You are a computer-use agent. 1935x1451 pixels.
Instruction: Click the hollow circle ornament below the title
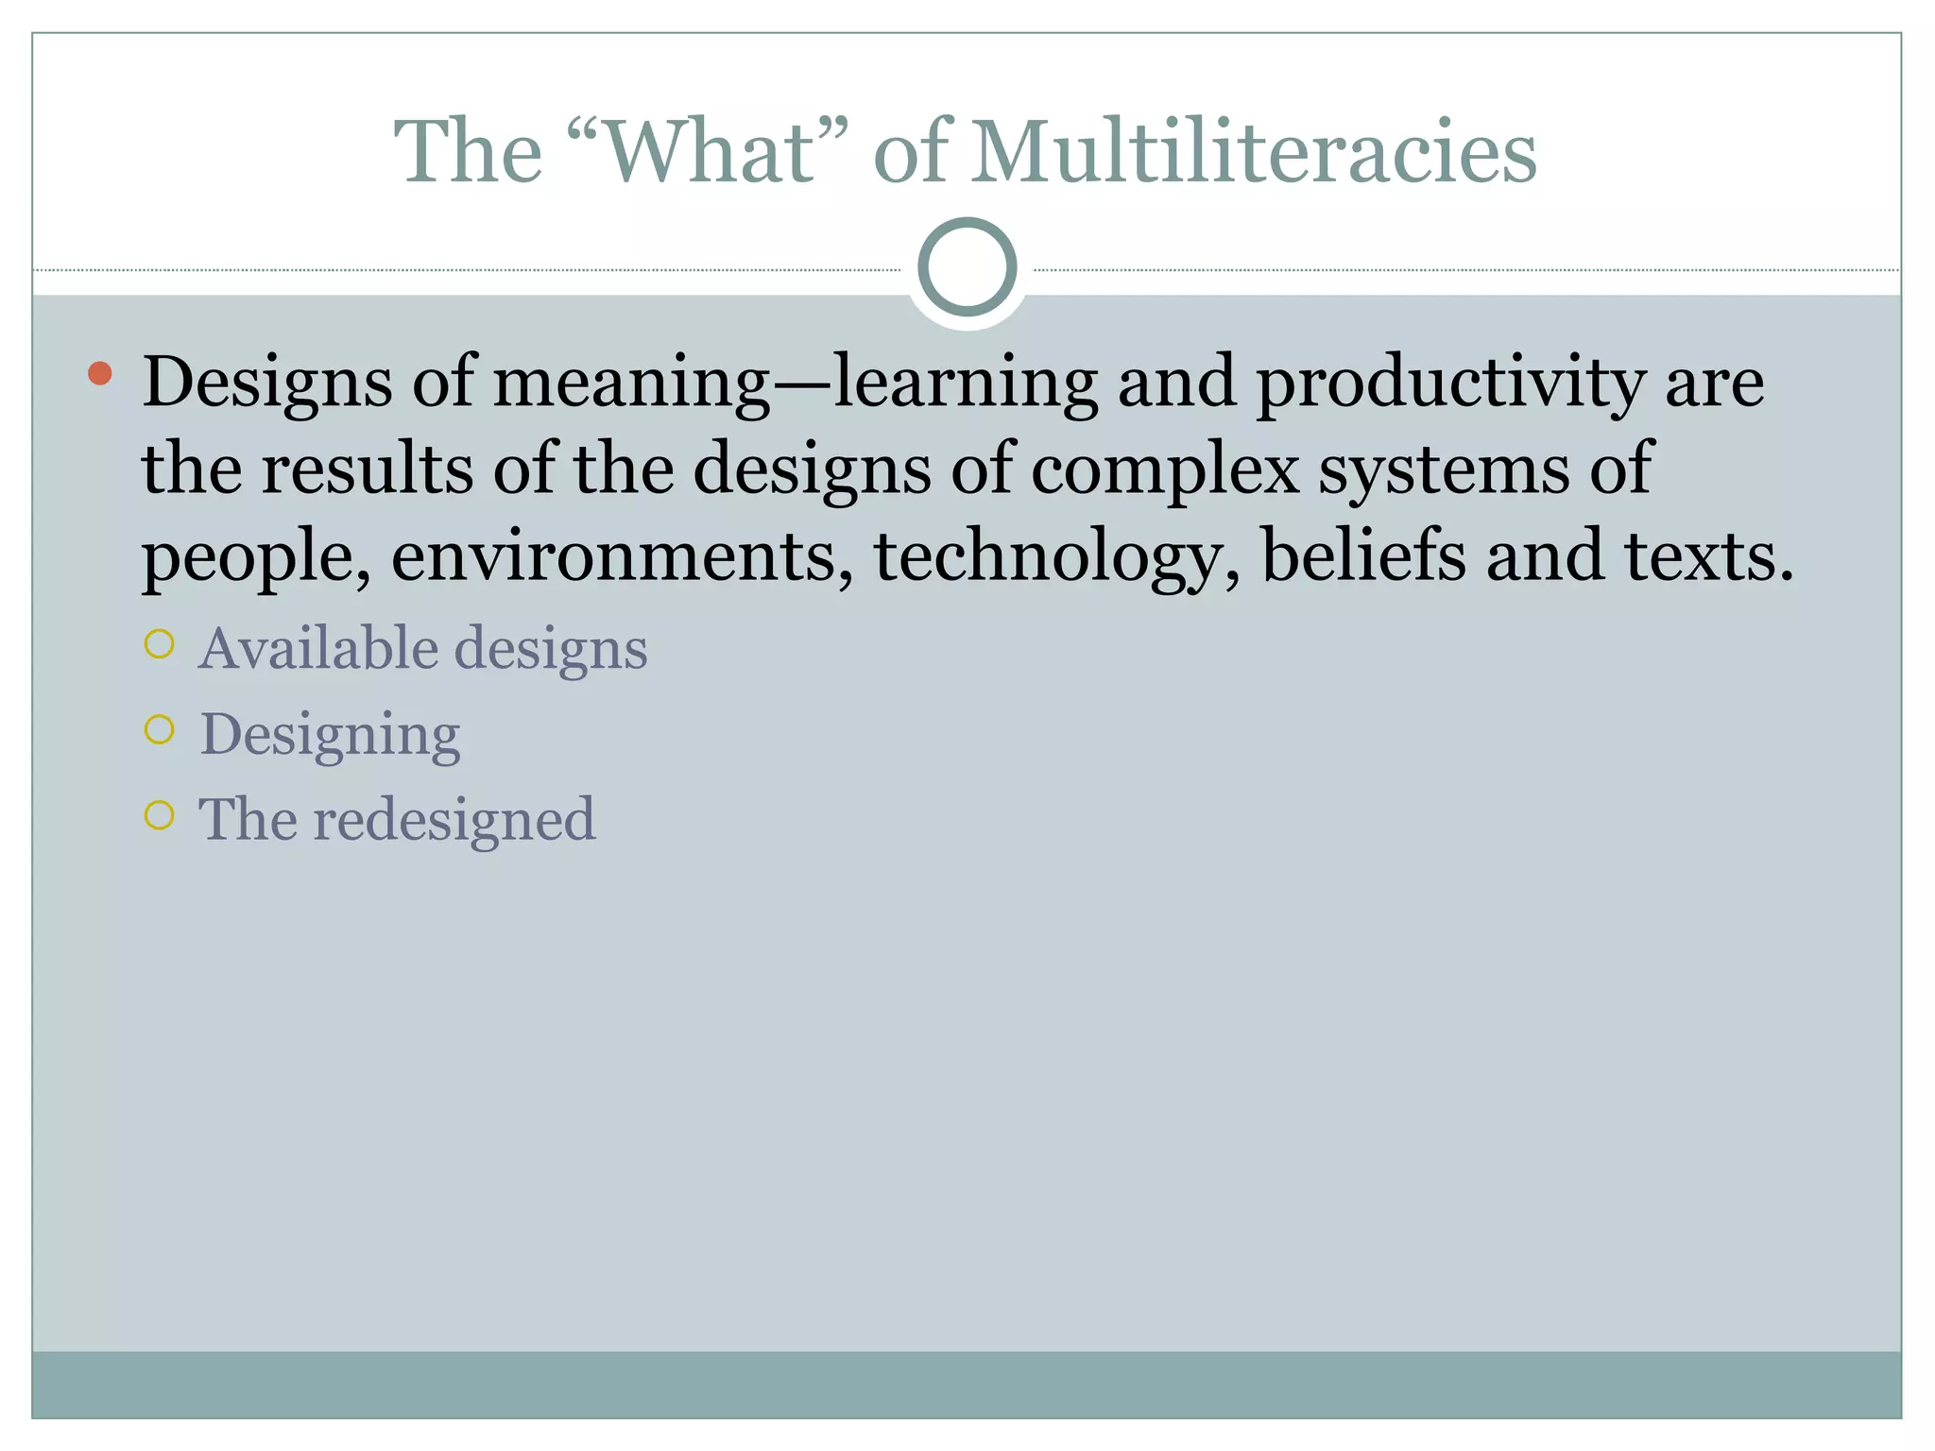pyautogui.click(x=967, y=267)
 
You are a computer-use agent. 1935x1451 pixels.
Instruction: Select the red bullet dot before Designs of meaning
pyautogui.click(x=99, y=374)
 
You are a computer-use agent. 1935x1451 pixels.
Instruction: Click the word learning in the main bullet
pyautogui.click(x=965, y=384)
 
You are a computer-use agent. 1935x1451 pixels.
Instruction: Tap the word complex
pyautogui.click(x=1165, y=469)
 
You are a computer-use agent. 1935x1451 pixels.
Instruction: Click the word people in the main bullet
pyautogui.click(x=255, y=557)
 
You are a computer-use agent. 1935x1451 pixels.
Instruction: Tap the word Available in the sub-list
pyautogui.click(x=319, y=648)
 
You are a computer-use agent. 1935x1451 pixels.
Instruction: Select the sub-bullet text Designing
pyautogui.click(x=330, y=735)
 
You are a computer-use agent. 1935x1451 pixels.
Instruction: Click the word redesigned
pyautogui.click(x=454, y=820)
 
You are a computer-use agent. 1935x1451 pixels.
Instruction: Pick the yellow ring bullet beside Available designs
pyautogui.click(x=160, y=644)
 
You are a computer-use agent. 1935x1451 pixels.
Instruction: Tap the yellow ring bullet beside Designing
pyautogui.click(x=160, y=729)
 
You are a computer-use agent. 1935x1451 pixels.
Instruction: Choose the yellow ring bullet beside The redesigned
pyautogui.click(x=160, y=814)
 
